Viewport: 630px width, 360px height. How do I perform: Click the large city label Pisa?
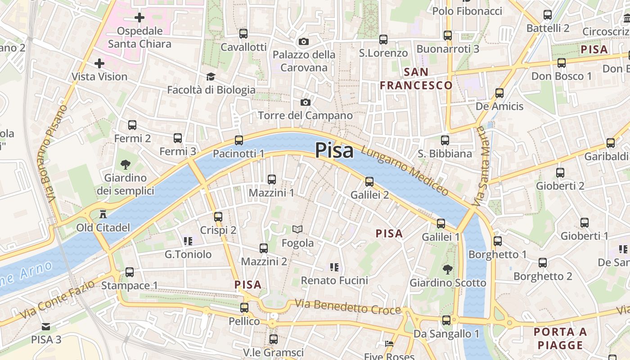tap(334, 150)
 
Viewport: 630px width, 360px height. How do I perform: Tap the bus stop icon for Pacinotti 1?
tap(239, 140)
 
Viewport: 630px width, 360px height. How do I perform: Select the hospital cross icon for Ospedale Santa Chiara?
tap(139, 18)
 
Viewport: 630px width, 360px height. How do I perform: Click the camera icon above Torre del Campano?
tap(306, 102)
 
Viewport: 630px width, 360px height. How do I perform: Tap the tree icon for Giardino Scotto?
tap(447, 270)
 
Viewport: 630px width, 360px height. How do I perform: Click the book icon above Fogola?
tap(297, 229)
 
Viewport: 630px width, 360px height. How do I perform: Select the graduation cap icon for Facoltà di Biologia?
tap(211, 76)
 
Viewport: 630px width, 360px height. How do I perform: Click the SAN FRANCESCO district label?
tap(416, 79)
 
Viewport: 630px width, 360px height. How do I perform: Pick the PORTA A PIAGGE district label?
tap(560, 338)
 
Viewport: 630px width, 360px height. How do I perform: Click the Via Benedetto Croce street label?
tap(348, 307)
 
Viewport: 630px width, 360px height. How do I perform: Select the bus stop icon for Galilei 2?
tap(369, 181)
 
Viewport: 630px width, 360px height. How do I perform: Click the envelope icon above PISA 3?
tap(46, 326)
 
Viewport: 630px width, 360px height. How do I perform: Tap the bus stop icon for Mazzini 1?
tap(272, 180)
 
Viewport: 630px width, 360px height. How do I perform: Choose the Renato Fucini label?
tap(334, 280)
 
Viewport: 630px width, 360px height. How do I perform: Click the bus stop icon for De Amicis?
tap(499, 93)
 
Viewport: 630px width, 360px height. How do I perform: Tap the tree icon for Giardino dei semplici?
tap(126, 165)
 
